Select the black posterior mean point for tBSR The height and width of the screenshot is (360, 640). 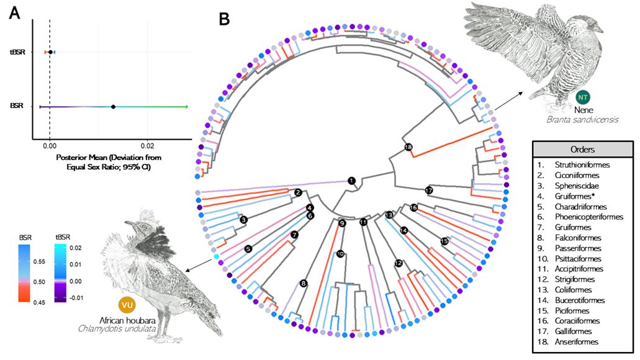(x=50, y=52)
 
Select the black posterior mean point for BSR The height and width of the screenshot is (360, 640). (x=113, y=107)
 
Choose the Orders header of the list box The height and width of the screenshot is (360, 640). (x=582, y=150)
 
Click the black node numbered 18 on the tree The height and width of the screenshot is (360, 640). (x=408, y=147)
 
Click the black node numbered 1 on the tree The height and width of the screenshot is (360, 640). (x=351, y=181)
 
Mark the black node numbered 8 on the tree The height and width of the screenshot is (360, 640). (x=303, y=284)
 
